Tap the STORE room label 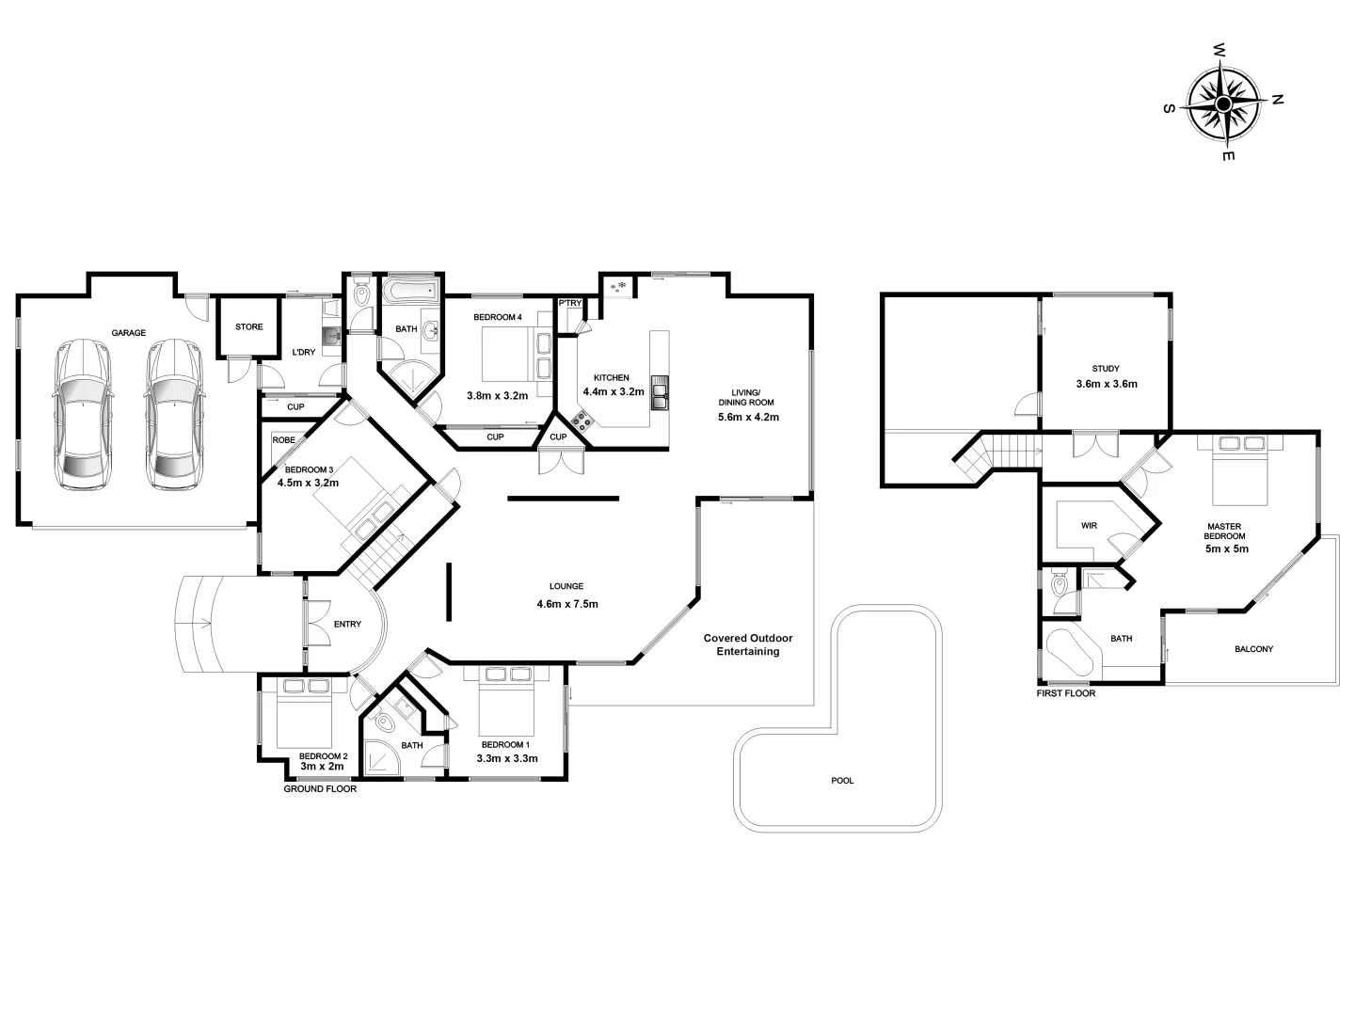[x=249, y=327]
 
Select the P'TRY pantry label [x=570, y=303]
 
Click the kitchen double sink [x=659, y=393]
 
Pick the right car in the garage [x=173, y=414]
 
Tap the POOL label [x=842, y=781]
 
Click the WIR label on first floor [x=1089, y=526]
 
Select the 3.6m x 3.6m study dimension [x=1107, y=384]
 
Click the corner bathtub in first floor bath [x=1071, y=652]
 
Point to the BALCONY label [x=1253, y=649]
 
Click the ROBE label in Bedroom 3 [x=283, y=440]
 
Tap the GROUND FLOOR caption [x=320, y=789]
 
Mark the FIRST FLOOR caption [x=1065, y=693]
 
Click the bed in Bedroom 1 [x=506, y=700]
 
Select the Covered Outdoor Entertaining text [x=748, y=644]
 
